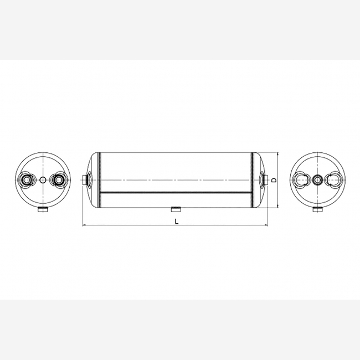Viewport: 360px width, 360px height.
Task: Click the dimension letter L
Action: coord(176,222)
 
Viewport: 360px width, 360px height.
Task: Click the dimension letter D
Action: coord(274,180)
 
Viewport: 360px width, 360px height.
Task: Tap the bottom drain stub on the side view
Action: coord(176,209)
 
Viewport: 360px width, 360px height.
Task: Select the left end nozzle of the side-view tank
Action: coord(85,180)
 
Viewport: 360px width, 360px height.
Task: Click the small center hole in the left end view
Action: coord(43,180)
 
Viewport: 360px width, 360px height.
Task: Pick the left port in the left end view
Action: coord(27,180)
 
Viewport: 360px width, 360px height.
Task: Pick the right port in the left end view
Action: coord(58,180)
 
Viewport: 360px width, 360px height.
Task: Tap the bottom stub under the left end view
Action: coord(43,209)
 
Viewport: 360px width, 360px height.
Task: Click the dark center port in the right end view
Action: coord(318,180)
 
